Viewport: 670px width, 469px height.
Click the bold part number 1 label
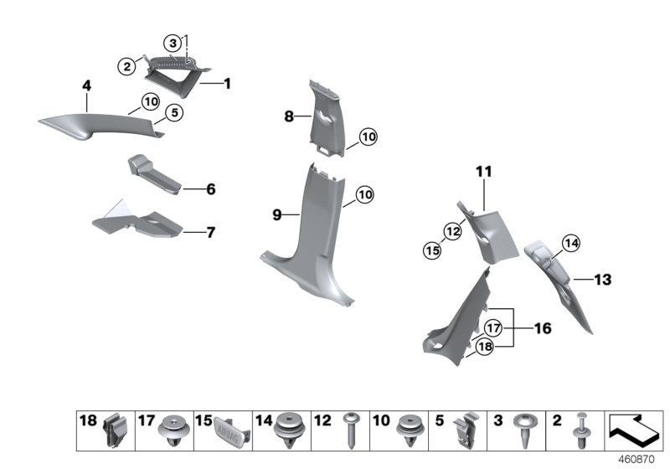227,84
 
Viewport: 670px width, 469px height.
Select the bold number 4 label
85,85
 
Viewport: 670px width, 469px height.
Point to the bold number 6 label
210,190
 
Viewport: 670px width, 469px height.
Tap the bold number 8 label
289,117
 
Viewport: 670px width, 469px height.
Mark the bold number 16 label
543,328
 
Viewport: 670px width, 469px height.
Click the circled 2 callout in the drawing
127,66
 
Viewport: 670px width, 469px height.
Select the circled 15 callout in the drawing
433,250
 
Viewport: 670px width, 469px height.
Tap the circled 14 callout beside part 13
570,243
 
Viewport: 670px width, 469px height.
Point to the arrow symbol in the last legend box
636,430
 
